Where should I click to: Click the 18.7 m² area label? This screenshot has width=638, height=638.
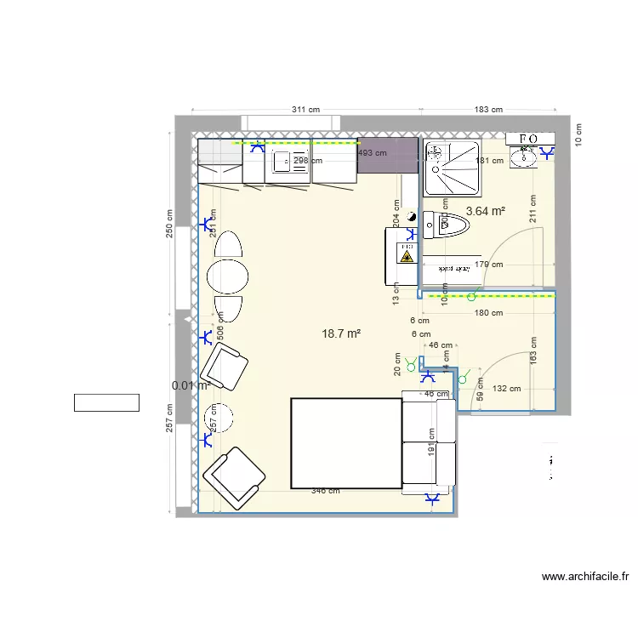[341, 334]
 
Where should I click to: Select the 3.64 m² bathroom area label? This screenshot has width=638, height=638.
[486, 212]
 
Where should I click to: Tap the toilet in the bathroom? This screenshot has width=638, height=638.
[451, 227]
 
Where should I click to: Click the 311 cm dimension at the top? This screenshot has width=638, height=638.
[305, 110]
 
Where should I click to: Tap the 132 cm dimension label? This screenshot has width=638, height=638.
[506, 389]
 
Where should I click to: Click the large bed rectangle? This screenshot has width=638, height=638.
[345, 443]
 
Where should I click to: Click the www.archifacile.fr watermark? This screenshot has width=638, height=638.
[585, 577]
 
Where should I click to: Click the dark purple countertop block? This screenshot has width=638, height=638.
[387, 155]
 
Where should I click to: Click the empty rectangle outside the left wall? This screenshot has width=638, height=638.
[106, 402]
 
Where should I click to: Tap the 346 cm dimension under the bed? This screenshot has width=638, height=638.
[325, 491]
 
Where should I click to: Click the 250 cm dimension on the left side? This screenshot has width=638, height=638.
[169, 225]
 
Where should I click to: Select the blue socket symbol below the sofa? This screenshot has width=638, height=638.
[432, 499]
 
